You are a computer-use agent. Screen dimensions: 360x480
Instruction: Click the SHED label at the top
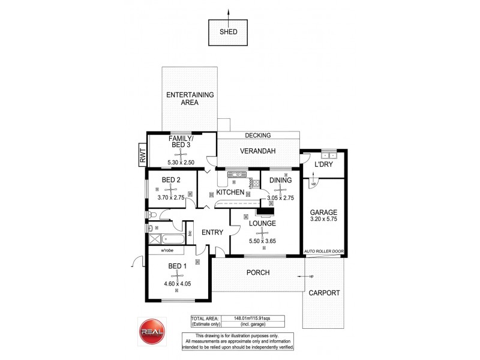(x=228, y=34)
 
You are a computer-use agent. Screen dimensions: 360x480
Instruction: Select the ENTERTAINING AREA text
(x=190, y=99)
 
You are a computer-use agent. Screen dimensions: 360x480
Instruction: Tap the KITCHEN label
(x=230, y=193)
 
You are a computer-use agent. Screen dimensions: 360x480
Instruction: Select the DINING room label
(x=280, y=179)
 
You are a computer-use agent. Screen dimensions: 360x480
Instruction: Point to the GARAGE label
(x=323, y=212)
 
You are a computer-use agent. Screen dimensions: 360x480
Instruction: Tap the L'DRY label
(x=323, y=164)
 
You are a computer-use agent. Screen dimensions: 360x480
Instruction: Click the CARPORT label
(x=325, y=293)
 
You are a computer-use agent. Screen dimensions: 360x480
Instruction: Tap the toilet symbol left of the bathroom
(x=151, y=215)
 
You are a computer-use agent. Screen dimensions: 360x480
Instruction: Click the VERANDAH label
(x=259, y=151)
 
